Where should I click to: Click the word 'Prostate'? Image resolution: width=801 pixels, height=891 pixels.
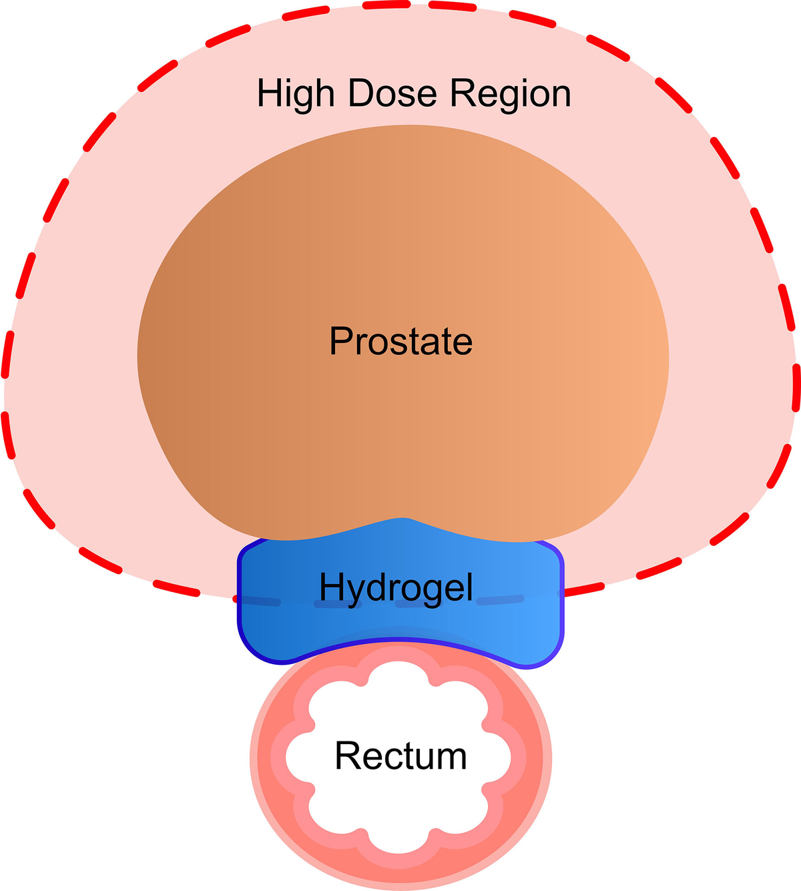click(x=400, y=341)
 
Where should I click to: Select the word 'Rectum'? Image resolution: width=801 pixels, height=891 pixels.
click(x=400, y=756)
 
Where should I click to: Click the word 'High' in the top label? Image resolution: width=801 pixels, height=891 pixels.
click(x=296, y=94)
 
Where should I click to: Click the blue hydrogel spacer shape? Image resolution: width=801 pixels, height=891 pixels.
click(x=280, y=627)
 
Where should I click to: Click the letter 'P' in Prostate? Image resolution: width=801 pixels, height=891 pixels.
click(x=340, y=341)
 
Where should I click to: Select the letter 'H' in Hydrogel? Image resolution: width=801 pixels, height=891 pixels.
click(x=331, y=587)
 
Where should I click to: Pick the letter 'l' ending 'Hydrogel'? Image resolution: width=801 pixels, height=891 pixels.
click(x=469, y=587)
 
